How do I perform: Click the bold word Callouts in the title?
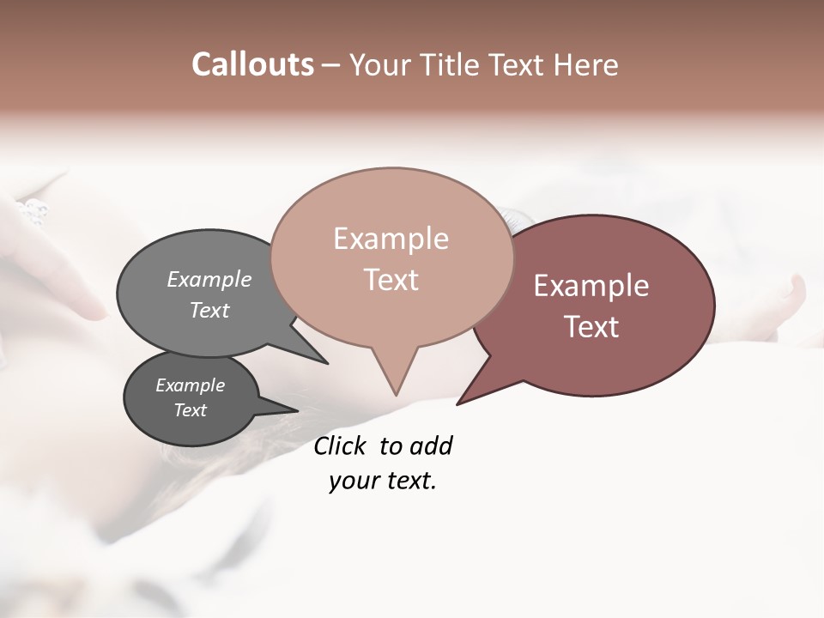click(252, 64)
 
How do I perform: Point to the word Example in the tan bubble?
click(391, 239)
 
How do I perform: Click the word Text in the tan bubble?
click(391, 280)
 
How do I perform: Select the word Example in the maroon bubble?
click(591, 286)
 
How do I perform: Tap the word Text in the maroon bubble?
click(591, 327)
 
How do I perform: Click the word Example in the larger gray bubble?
click(209, 279)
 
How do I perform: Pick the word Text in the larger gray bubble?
click(209, 310)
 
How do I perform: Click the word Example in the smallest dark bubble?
click(190, 385)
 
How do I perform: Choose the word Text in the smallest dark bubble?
click(190, 410)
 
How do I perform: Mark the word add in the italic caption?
click(431, 445)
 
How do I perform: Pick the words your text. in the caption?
click(382, 481)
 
